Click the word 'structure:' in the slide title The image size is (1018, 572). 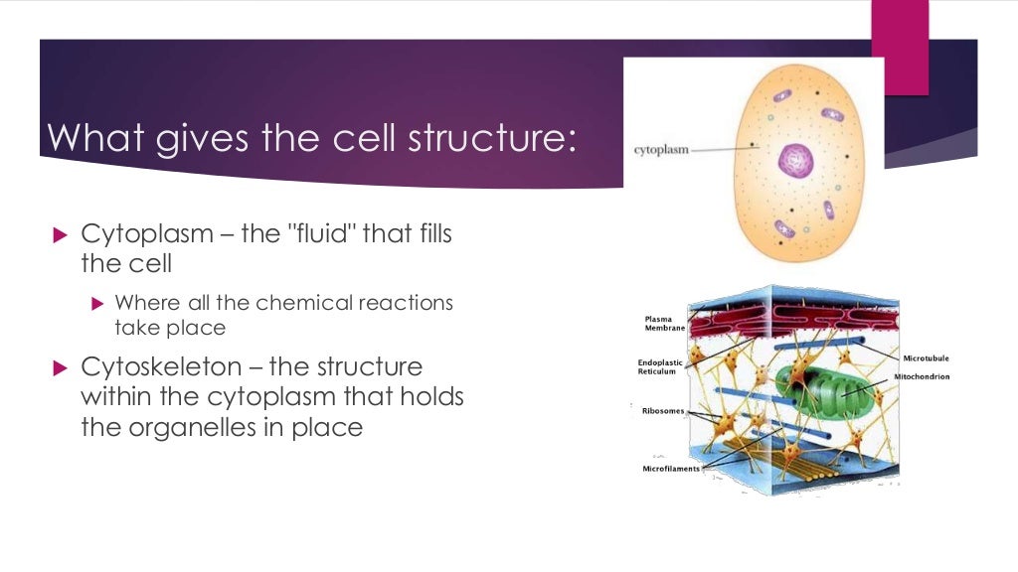pyautogui.click(x=491, y=138)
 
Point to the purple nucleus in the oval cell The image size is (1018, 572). pyautogui.click(x=795, y=159)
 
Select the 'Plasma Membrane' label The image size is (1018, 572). pyautogui.click(x=665, y=323)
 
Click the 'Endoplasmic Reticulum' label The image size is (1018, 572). pyautogui.click(x=659, y=367)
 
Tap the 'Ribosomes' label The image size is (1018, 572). pyautogui.click(x=662, y=409)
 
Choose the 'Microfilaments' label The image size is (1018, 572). pyautogui.click(x=671, y=468)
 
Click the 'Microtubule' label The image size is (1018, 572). pyautogui.click(x=926, y=357)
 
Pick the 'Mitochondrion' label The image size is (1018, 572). pyautogui.click(x=922, y=377)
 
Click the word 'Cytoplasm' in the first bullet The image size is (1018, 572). pyautogui.click(x=146, y=235)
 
